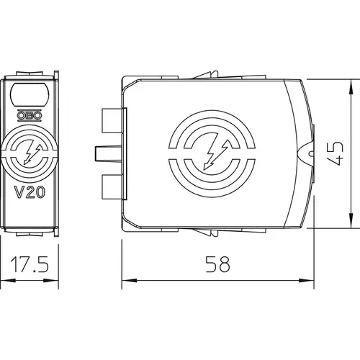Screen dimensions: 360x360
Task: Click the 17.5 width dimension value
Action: pyautogui.click(x=30, y=264)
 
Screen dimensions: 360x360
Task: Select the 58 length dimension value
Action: pyautogui.click(x=217, y=264)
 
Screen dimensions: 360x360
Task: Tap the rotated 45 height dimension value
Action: pyautogui.click(x=336, y=153)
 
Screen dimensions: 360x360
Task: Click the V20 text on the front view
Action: pyautogui.click(x=30, y=192)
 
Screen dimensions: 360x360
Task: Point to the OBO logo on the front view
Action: pyautogui.click(x=30, y=115)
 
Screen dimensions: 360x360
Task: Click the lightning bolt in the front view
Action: pyautogui.click(x=31, y=153)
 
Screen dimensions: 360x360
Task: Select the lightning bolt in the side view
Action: pyautogui.click(x=215, y=153)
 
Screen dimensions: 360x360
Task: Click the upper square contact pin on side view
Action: pyautogui.click(x=112, y=120)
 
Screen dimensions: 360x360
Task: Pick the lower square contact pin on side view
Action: pyautogui.click(x=112, y=187)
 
